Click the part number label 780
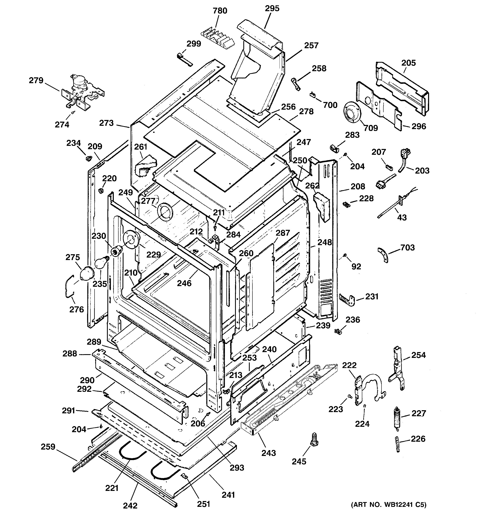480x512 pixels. [220, 11]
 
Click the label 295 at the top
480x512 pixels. [272, 8]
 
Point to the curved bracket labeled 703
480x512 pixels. [383, 254]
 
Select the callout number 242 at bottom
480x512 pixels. [130, 505]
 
